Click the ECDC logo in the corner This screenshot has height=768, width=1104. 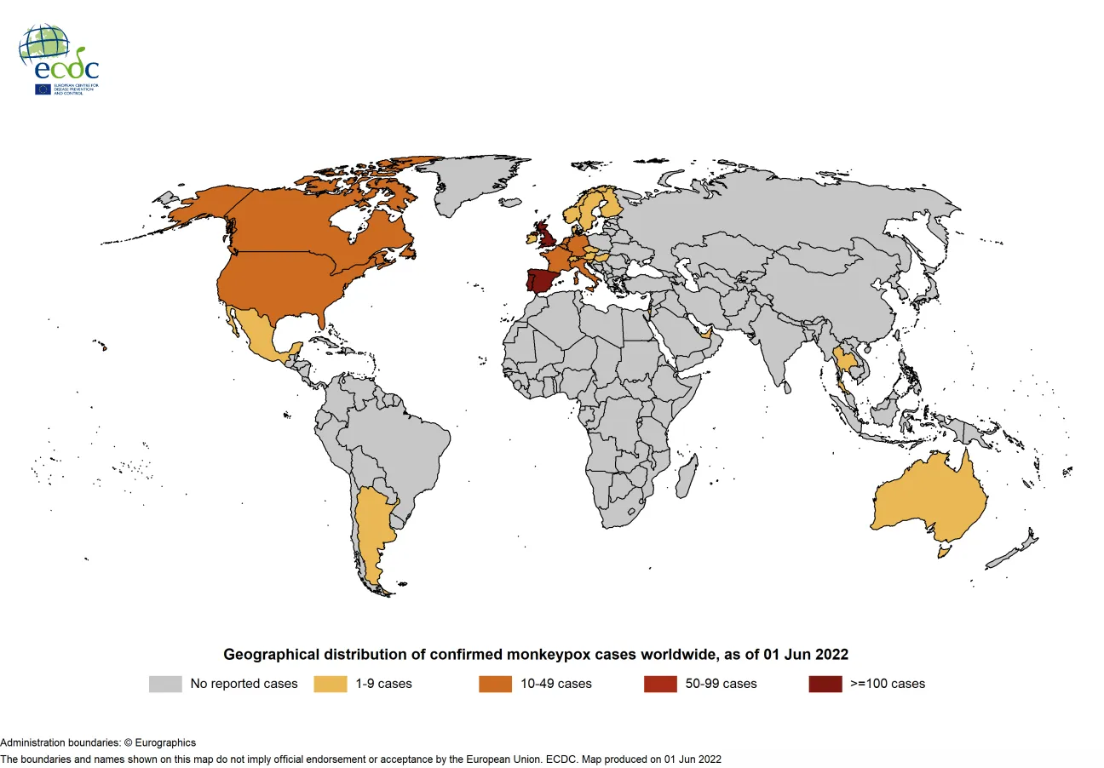coord(59,60)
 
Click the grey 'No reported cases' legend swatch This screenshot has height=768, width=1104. coord(165,684)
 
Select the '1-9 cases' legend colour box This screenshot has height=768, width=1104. coord(331,684)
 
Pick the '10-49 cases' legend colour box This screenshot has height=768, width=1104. coord(495,684)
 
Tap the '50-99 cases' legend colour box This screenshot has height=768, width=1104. coord(660,684)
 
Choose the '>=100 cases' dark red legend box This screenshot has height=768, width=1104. coord(825,684)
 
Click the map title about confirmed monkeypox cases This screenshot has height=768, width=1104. coord(535,654)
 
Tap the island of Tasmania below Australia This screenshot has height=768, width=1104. coord(944,553)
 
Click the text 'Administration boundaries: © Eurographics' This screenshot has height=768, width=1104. coord(98,742)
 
